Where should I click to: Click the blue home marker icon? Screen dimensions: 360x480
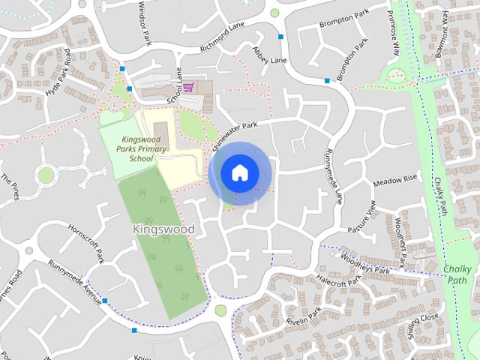239,172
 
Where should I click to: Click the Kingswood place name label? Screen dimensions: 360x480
163,228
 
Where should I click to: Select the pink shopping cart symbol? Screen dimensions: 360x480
187,88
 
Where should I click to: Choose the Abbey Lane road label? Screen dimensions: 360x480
270,55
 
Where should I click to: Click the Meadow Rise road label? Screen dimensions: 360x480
394,181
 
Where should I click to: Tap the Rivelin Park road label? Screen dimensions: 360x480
303,316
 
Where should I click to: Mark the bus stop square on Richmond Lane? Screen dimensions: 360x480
280,36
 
